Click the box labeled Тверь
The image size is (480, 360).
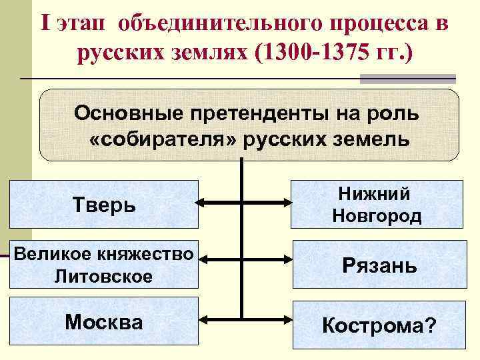click(103, 204)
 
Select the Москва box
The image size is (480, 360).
click(103, 323)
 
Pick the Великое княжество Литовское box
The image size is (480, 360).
click(103, 264)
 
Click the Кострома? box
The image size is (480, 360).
click(379, 325)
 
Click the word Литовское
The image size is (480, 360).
click(104, 275)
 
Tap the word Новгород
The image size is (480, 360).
click(377, 216)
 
